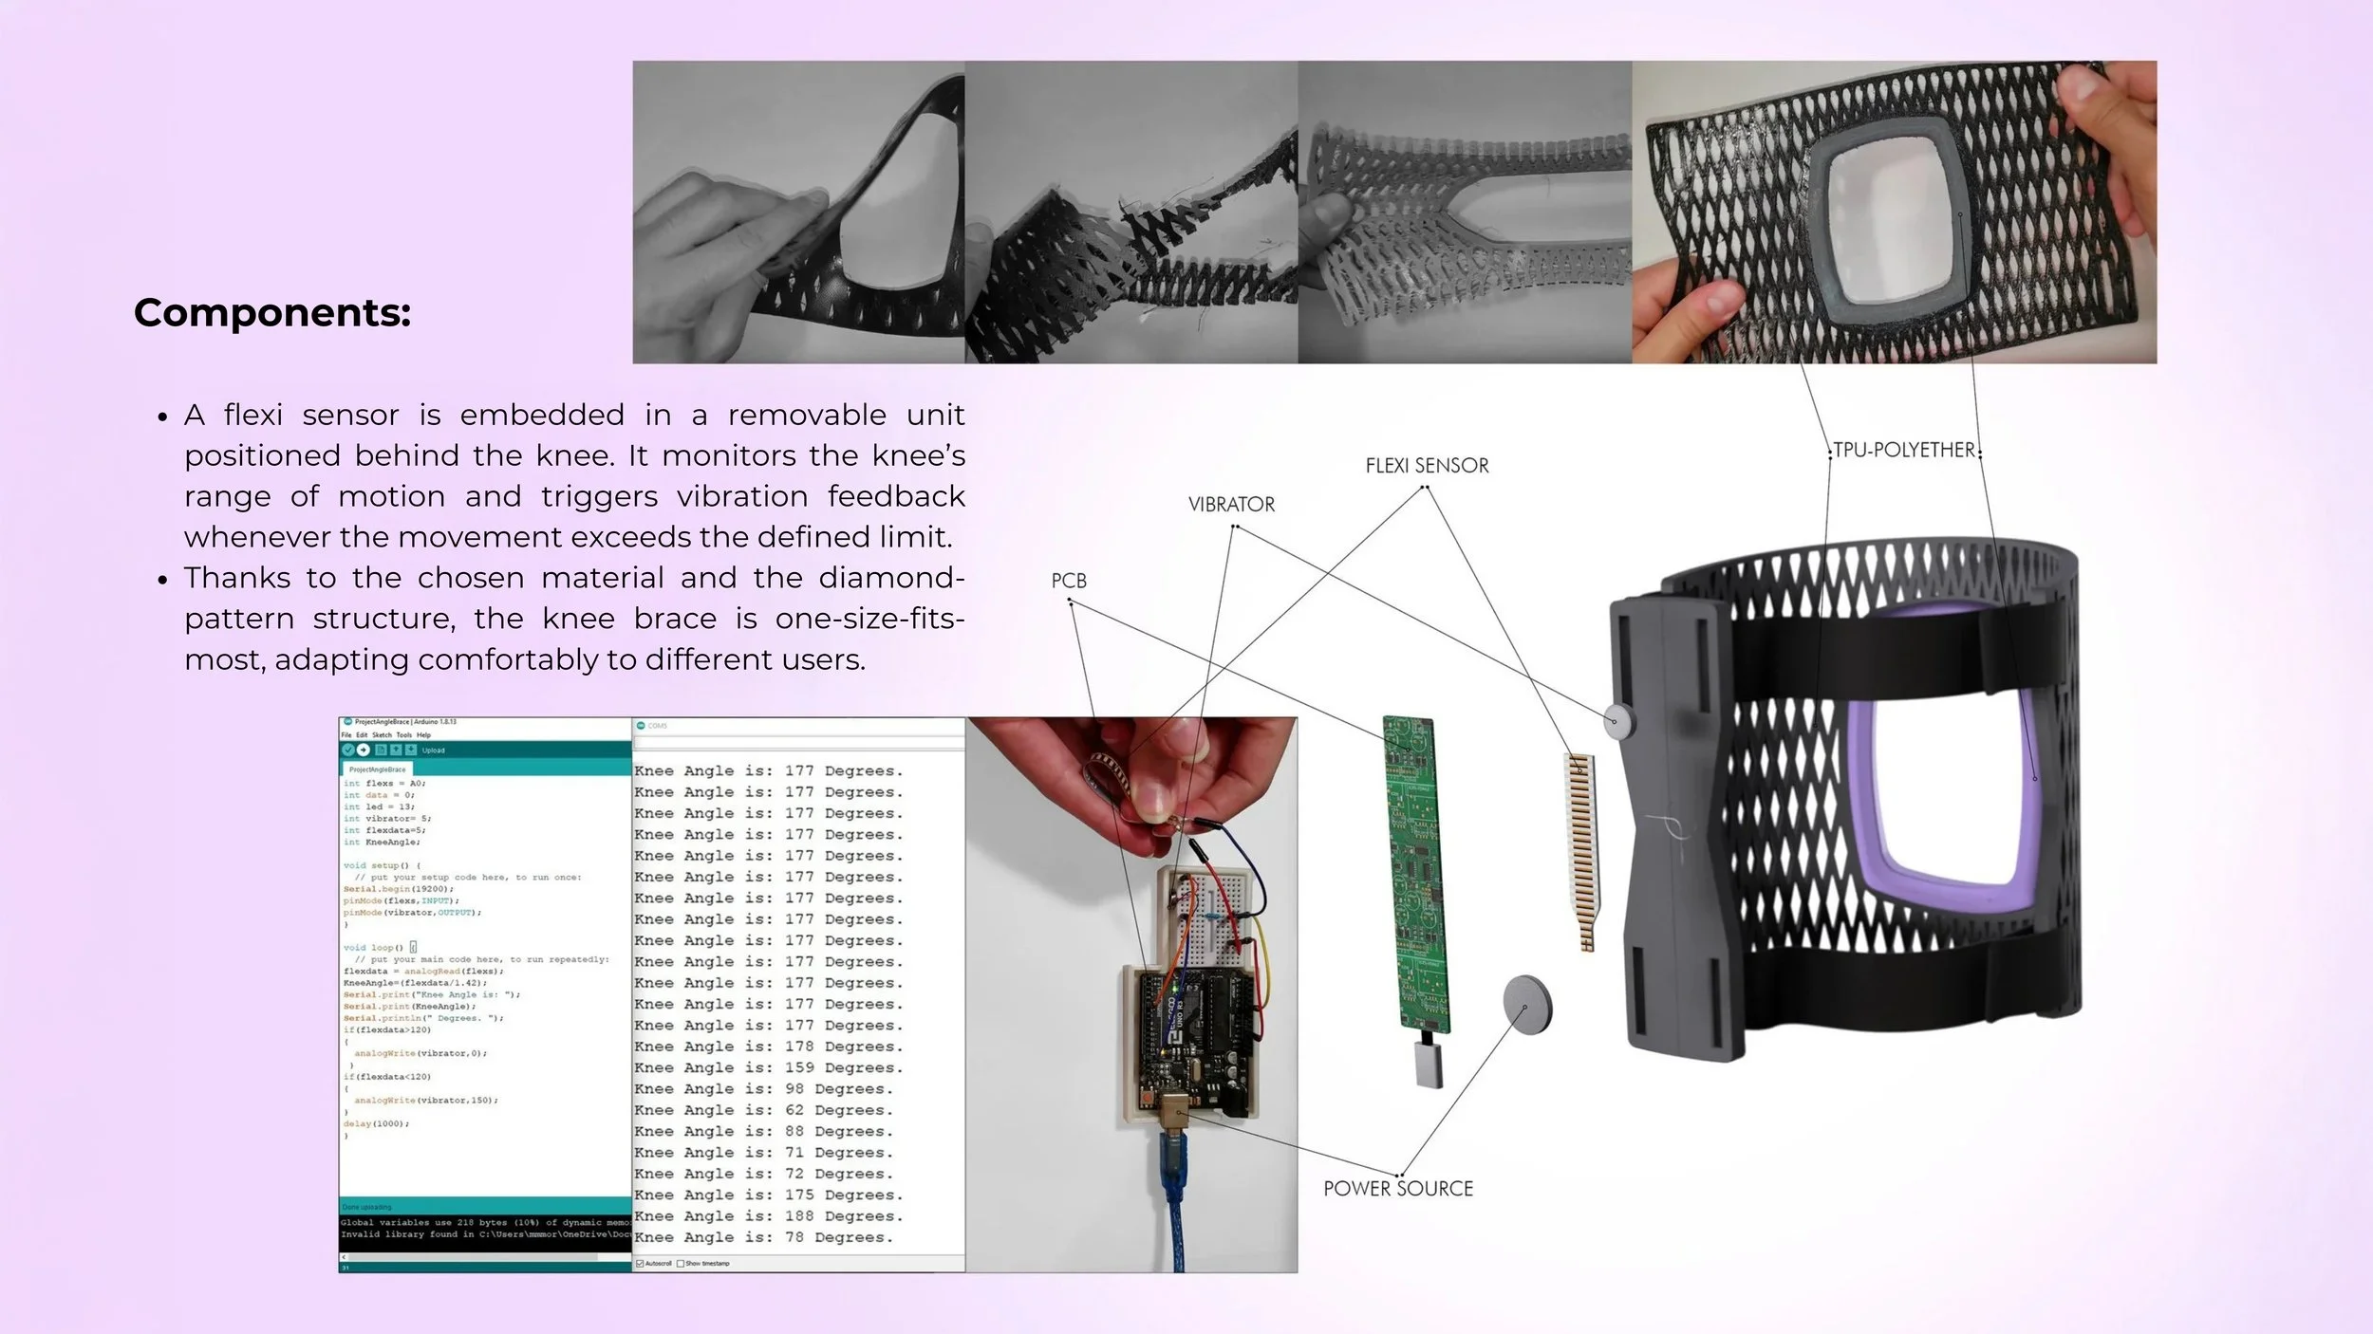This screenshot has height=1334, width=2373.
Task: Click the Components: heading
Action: pyautogui.click(x=272, y=313)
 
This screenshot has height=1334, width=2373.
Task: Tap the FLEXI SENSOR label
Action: pyautogui.click(x=1427, y=466)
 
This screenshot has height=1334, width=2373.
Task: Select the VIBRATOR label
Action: pyautogui.click(x=1231, y=505)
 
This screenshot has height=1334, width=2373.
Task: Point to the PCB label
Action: pyautogui.click(x=1069, y=581)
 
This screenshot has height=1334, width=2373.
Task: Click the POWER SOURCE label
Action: pyautogui.click(x=1398, y=1189)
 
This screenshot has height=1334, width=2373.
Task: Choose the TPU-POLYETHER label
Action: pyautogui.click(x=1904, y=451)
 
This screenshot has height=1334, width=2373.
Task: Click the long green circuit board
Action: pyautogui.click(x=1416, y=873)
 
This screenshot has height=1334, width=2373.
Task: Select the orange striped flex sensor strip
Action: pyautogui.click(x=1581, y=849)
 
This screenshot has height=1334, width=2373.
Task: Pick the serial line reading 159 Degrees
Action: pyautogui.click(x=769, y=1068)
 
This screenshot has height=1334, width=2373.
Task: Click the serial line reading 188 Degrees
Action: pyautogui.click(x=769, y=1216)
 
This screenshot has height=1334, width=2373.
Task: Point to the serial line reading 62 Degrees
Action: pyautogui.click(x=764, y=1110)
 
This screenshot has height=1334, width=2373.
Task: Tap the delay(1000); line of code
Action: pyautogui.click(x=376, y=1124)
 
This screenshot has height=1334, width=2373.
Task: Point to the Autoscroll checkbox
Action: pyautogui.click(x=640, y=1264)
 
